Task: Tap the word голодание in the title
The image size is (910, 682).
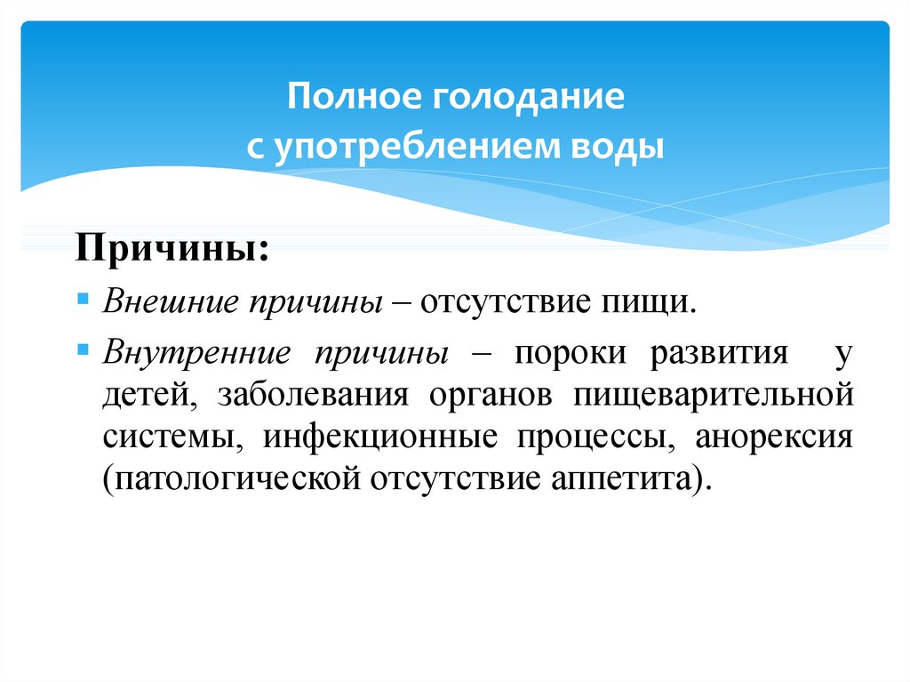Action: (529, 98)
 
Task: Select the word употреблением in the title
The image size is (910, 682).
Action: (416, 147)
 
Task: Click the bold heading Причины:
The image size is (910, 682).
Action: (172, 249)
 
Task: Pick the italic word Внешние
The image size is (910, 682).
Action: (171, 301)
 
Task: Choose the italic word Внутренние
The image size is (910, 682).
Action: (196, 353)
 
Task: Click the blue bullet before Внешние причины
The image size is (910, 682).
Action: (83, 300)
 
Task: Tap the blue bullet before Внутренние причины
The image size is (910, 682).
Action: (83, 349)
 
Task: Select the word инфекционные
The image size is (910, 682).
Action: (380, 438)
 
